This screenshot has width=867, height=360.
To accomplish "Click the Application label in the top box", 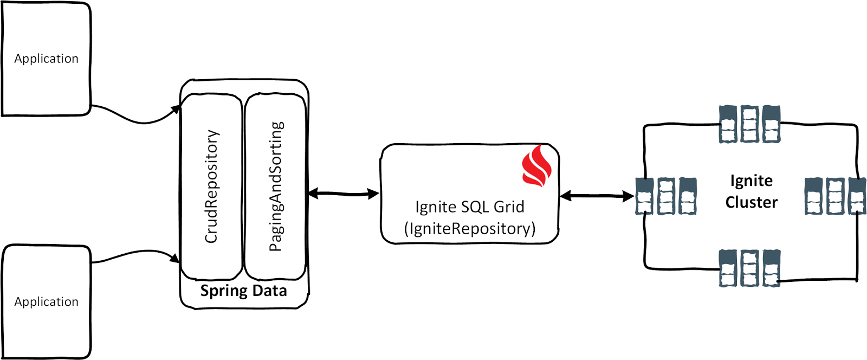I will (46, 59).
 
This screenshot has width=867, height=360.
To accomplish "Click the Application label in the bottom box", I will (46, 302).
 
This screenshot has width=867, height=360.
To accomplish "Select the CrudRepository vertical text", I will (211, 186).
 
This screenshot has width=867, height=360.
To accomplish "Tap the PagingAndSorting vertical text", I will (276, 186).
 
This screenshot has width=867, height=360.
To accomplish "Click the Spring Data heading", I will (243, 291).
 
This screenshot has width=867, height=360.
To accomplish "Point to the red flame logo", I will (536, 166).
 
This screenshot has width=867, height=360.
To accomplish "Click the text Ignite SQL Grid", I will (469, 207).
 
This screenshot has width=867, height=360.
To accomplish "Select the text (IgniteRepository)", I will (469, 228).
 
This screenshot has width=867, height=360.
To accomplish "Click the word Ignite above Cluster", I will (751, 181).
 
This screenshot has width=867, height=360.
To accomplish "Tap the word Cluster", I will (751, 202).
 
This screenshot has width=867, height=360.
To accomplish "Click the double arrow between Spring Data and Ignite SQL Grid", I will (344, 193).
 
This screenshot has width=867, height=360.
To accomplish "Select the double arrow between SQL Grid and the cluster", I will (597, 196).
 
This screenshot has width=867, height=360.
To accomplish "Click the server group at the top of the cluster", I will (749, 124).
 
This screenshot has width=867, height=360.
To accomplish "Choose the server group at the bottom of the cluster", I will (749, 268).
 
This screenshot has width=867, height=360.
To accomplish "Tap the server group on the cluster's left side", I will (666, 196).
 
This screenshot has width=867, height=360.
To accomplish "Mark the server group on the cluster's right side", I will (834, 196).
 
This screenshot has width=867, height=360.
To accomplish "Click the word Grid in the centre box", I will (508, 207).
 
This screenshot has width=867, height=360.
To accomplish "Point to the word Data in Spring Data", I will (269, 291).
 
